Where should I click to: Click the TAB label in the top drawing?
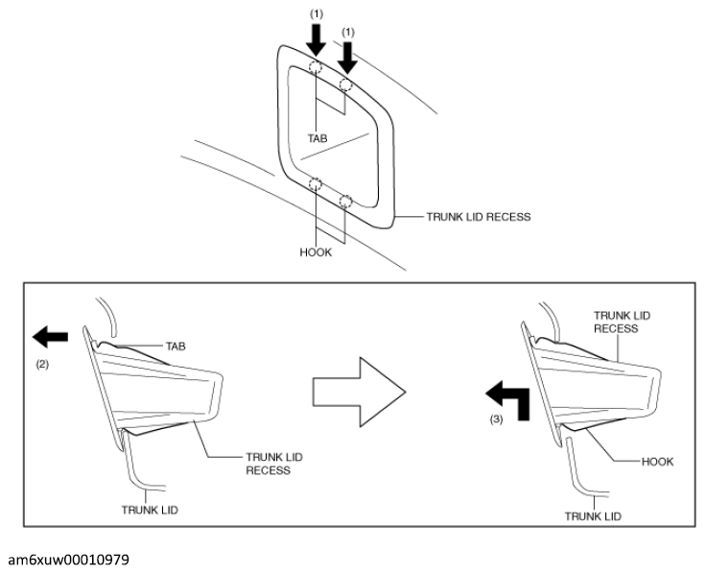tap(317, 138)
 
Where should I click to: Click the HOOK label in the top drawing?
tap(316, 252)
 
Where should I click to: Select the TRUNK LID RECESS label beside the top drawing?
tap(479, 217)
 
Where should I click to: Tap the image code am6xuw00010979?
tap(69, 560)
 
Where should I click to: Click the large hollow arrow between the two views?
tap(360, 392)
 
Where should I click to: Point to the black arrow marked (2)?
tap(50, 337)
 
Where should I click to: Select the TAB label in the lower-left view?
tap(176, 347)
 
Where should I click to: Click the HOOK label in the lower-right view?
tap(657, 462)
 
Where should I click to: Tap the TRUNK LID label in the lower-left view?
tap(150, 510)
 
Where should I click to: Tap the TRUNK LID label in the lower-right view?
tap(593, 516)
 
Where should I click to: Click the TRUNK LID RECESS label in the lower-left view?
tap(274, 464)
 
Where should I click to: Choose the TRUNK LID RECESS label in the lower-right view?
tap(622, 323)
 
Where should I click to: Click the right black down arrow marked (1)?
tap(347, 58)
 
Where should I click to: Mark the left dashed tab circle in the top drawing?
tap(316, 67)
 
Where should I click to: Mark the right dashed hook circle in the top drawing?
tap(345, 201)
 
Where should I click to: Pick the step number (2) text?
tap(42, 365)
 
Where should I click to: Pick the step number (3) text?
tap(496, 419)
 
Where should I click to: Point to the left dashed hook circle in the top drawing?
tap(316, 183)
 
